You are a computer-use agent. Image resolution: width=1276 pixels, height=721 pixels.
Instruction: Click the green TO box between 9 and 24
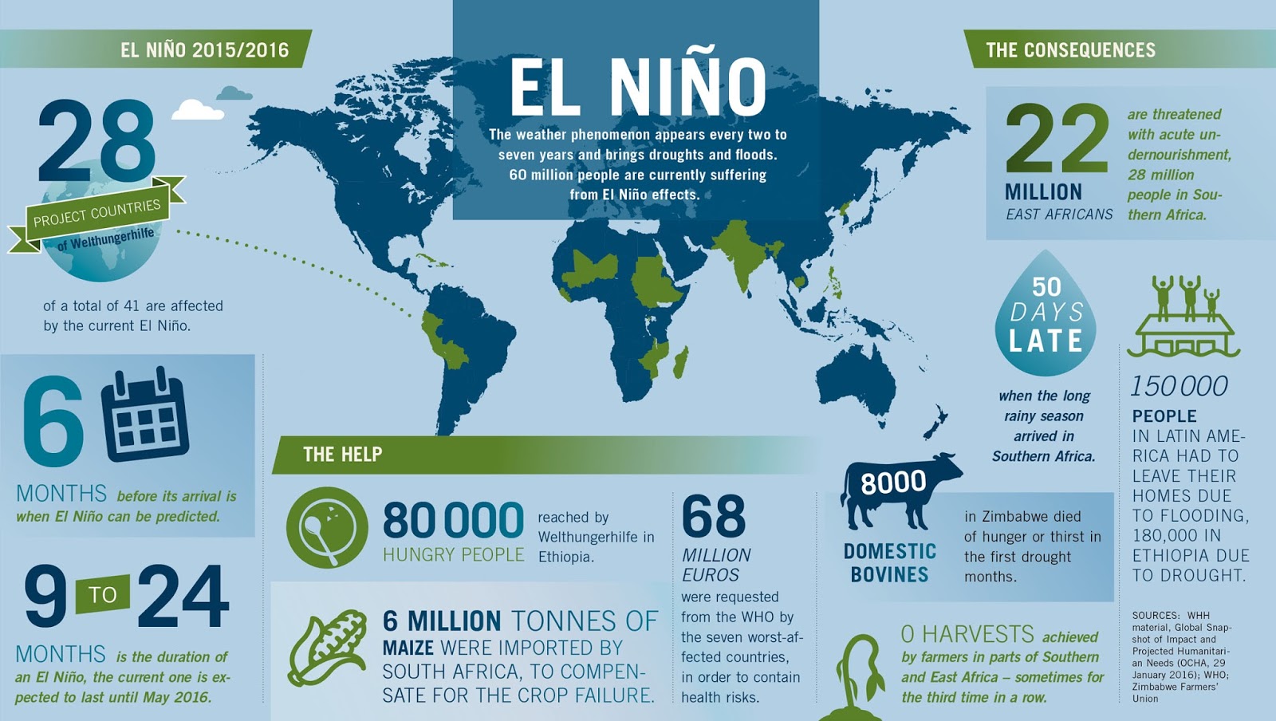click(102, 595)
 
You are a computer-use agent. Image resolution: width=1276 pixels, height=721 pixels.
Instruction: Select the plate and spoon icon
click(326, 527)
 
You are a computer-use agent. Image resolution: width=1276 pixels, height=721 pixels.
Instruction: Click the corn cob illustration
click(327, 648)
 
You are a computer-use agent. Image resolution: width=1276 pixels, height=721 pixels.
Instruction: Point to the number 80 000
click(453, 520)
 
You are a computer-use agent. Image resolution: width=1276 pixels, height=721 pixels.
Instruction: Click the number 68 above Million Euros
click(714, 516)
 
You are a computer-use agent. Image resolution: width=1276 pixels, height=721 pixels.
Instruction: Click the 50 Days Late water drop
click(1046, 315)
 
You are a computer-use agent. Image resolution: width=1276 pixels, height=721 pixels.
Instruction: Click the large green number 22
click(1057, 139)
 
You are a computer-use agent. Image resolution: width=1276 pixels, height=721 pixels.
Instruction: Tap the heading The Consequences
click(1070, 50)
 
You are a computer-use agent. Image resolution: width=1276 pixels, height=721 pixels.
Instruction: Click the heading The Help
click(342, 455)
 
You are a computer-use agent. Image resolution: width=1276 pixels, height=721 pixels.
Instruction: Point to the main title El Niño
click(637, 86)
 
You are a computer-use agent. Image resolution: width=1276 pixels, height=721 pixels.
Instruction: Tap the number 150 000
click(1179, 387)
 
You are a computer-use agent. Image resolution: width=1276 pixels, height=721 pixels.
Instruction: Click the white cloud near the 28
click(197, 109)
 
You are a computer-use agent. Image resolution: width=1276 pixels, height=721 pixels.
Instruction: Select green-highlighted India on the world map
click(742, 251)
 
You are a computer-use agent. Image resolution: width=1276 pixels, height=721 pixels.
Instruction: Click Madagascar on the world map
click(680, 362)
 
